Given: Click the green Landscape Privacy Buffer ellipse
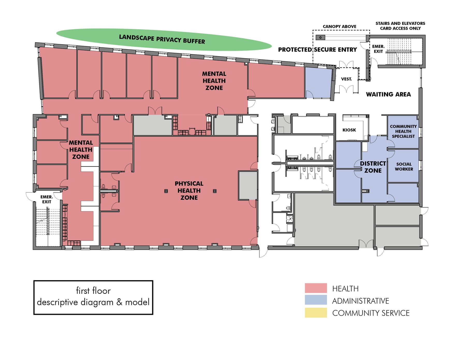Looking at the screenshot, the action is [164, 39].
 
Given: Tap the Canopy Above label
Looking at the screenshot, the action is [339, 26].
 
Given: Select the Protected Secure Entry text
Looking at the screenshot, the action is [317, 50].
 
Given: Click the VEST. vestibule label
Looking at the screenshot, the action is [346, 79].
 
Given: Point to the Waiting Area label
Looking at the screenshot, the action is [388, 94].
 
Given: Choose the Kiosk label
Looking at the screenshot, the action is [349, 130].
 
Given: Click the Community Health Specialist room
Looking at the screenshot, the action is [403, 131].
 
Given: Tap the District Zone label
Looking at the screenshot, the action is [373, 167].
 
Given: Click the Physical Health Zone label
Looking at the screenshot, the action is [189, 191].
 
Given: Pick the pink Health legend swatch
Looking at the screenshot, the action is [316, 288].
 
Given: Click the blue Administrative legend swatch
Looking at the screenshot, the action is [316, 300].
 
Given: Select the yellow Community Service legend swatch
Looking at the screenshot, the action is [316, 313].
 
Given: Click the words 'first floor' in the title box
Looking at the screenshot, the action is [93, 291].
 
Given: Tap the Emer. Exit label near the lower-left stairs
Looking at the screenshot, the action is [47, 199].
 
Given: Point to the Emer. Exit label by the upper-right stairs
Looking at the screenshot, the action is [378, 49].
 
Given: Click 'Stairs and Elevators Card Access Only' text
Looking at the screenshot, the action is [400, 26].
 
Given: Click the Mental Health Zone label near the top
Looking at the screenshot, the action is [214, 81].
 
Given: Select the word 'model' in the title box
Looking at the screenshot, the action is [137, 302].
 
